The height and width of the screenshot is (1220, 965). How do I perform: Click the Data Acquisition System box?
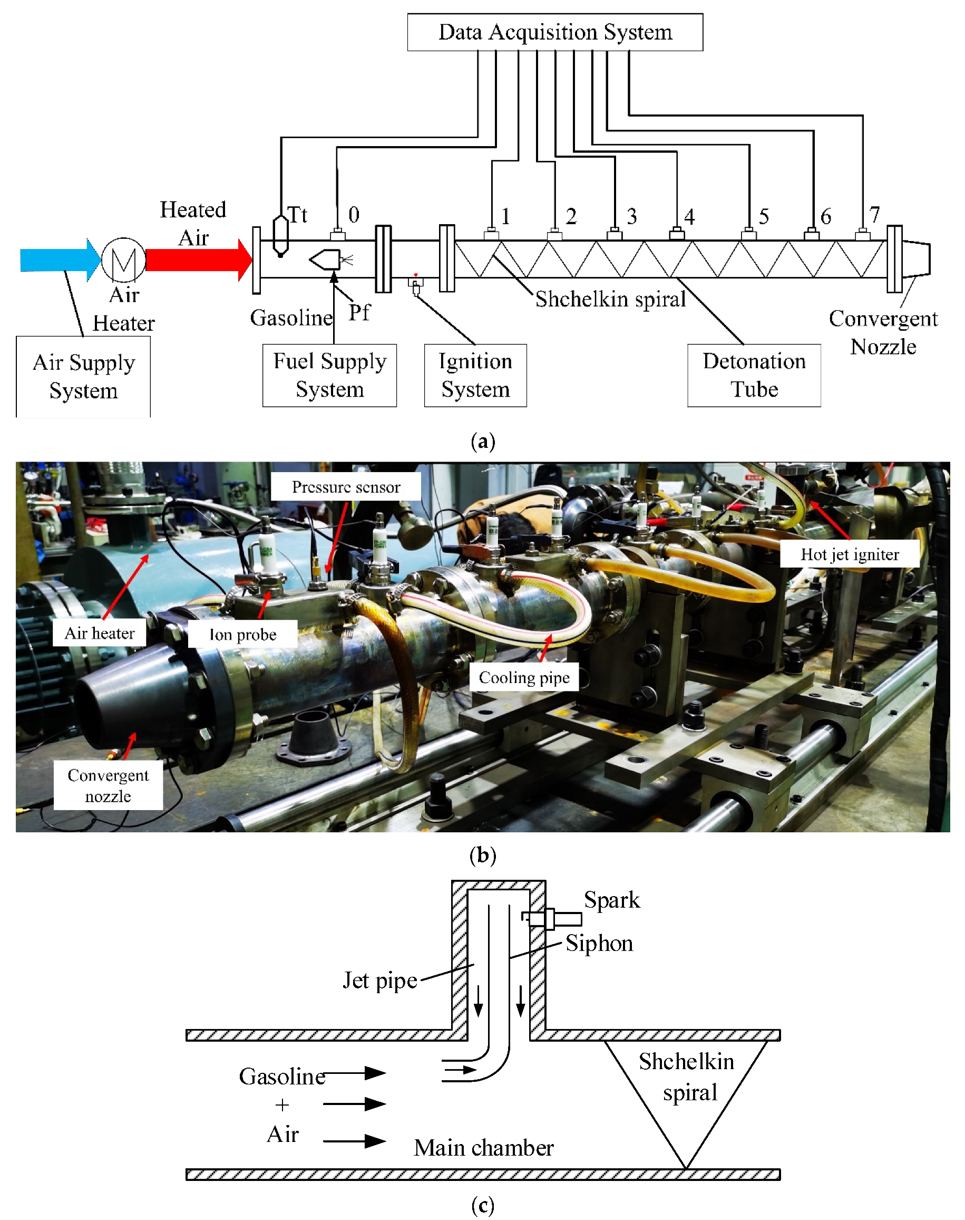[x=555, y=32]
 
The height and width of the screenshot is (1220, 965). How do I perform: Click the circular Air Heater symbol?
[x=124, y=260]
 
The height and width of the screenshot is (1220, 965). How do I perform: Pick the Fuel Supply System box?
[x=329, y=375]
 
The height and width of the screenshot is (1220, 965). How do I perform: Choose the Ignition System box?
[x=475, y=375]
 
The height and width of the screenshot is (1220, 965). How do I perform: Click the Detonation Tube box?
[x=754, y=375]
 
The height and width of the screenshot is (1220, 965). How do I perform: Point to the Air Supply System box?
[x=83, y=376]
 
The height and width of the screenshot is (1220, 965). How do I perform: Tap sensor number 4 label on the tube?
[x=689, y=217]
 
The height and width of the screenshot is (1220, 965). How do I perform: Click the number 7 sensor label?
[x=874, y=215]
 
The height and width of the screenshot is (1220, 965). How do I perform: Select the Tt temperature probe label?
[x=298, y=215]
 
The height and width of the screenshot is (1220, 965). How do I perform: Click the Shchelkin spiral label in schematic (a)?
[x=610, y=299]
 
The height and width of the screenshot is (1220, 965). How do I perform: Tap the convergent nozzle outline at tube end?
[x=916, y=259]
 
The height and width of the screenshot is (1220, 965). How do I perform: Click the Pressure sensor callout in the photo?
[x=346, y=487]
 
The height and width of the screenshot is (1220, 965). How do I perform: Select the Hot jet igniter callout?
[x=849, y=554]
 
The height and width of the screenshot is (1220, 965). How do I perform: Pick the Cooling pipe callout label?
[x=524, y=677]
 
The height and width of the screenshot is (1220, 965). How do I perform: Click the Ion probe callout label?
[x=243, y=635]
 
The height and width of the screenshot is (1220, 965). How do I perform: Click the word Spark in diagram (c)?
[x=612, y=900]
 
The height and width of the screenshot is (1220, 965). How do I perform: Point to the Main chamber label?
[x=484, y=1148]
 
